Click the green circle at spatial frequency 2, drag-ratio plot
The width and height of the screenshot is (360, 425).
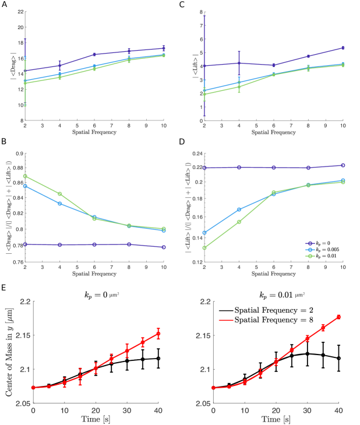(25, 176)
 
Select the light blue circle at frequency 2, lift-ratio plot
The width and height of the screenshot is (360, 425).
(204, 233)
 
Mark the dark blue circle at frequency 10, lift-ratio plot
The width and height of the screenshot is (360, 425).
(343, 165)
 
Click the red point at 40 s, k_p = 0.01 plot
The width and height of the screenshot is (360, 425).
(338, 317)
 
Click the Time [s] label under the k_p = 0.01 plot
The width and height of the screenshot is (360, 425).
(276, 419)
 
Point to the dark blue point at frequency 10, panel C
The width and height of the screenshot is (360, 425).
(343, 48)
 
